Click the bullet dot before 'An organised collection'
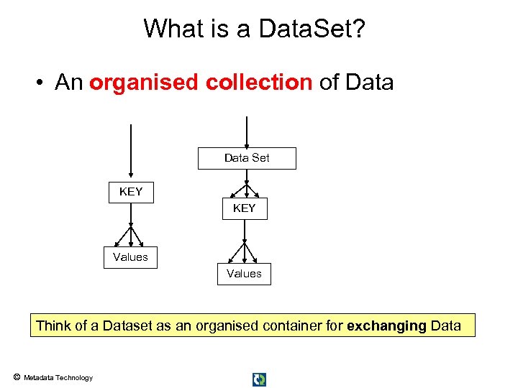tap(42, 83)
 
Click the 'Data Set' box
tap(247, 158)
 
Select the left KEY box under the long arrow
tap(131, 192)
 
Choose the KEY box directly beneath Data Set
tap(244, 208)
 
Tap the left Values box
tap(130, 257)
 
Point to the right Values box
tap(244, 274)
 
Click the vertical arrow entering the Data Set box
tap(247, 132)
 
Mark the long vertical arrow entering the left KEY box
tap(130, 151)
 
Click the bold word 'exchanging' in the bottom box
tap(386, 325)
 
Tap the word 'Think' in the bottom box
tap(54, 325)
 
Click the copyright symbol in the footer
tap(16, 377)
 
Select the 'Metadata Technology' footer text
tap(58, 378)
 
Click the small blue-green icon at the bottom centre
tap(259, 379)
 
